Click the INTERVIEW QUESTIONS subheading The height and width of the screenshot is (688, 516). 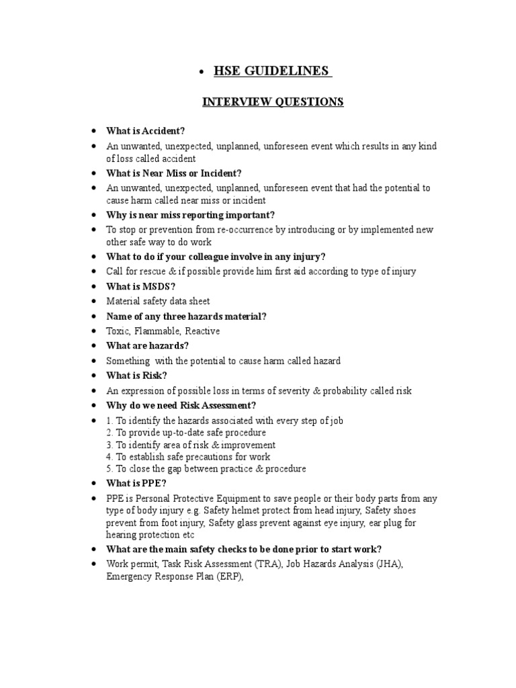273,102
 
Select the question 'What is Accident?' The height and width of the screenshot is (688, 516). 145,131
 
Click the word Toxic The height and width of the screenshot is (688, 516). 118,331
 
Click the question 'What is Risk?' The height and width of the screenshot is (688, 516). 137,376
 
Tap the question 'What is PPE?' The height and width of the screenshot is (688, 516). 136,484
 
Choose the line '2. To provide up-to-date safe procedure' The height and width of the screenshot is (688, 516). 186,433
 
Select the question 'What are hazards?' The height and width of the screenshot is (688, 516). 147,346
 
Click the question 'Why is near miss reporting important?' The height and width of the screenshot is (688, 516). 190,215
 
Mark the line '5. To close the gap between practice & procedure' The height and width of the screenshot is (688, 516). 206,469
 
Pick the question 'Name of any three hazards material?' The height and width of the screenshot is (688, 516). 186,316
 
